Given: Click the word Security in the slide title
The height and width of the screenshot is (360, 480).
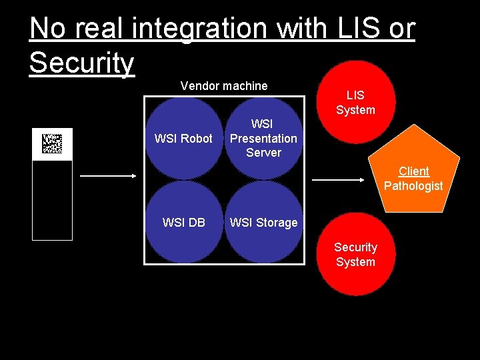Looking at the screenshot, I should coord(81,63).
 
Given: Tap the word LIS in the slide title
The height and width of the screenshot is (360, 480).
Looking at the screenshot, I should coord(356,29).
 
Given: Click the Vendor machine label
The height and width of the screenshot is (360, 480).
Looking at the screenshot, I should coord(224,86).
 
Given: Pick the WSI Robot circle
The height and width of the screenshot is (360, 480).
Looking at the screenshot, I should coord(183,139).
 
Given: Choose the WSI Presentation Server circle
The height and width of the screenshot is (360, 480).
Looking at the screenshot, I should coord(263,139).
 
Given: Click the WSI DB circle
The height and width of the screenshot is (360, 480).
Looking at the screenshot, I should coord(183,223).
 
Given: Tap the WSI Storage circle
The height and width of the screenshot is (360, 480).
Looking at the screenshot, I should coord(263,223).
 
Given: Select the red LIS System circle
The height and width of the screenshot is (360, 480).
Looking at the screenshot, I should coord(355,102).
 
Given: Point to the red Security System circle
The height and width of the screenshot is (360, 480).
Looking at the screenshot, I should coord(355,255).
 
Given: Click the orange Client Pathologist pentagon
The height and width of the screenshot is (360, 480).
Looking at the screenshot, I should coord(413,175).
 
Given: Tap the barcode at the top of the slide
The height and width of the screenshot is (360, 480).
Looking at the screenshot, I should coord(52,144).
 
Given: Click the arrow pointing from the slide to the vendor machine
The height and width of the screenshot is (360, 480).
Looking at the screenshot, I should coord(107,176).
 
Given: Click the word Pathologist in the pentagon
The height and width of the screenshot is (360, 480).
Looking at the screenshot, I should coord(413,186).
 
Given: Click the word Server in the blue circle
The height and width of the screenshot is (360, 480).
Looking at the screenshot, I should coord(263,153).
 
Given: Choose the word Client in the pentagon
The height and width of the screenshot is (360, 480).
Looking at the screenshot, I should coord(413,171).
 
